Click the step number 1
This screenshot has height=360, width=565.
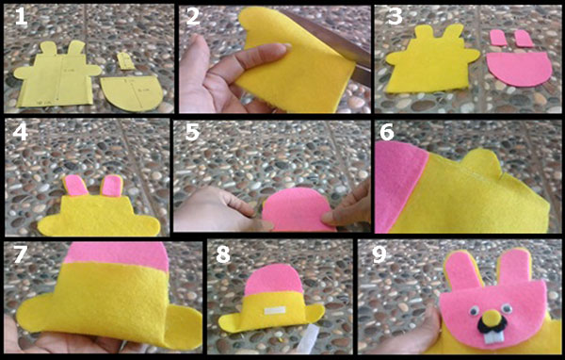[x=21, y=17]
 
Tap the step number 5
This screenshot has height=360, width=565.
[x=192, y=132]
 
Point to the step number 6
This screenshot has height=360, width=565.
[x=387, y=132]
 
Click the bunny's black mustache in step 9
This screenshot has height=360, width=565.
[x=492, y=324]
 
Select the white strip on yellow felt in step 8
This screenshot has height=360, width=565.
[x=275, y=310]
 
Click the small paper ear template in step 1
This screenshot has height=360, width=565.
[x=125, y=60]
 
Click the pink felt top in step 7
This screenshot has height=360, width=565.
[x=117, y=255]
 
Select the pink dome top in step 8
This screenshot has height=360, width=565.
[x=274, y=280]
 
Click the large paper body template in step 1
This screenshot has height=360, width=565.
[x=57, y=76]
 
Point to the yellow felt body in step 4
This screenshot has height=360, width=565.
[x=98, y=217]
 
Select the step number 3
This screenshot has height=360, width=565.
[x=395, y=17]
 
